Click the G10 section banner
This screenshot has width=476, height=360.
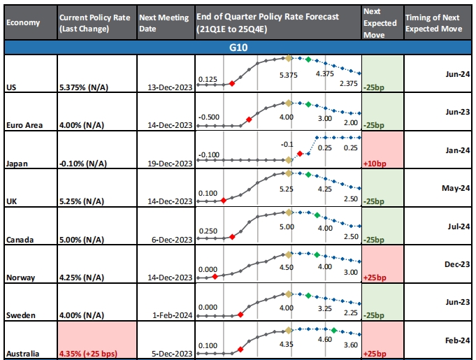click(238, 48)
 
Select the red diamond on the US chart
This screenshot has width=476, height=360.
click(231, 84)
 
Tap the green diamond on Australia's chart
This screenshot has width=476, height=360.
click(333, 329)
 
